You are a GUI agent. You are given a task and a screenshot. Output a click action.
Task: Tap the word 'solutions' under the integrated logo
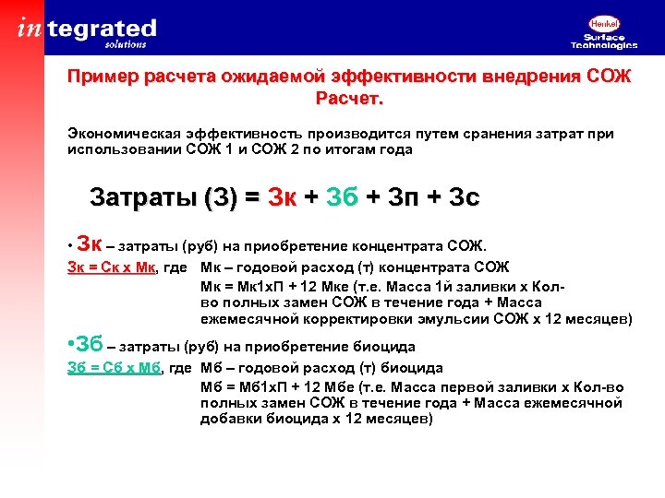(126, 43)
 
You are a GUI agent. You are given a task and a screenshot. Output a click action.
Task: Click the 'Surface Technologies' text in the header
(603, 41)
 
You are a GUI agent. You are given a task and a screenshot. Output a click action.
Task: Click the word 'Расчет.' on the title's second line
(349, 98)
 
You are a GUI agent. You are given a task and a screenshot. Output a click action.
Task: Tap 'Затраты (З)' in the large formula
(163, 197)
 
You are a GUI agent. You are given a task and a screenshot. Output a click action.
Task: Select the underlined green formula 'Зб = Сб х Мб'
(113, 368)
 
